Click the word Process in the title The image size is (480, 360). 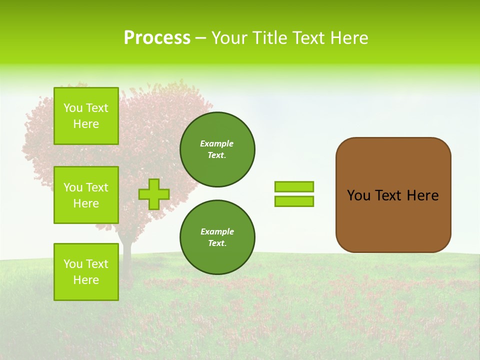[157, 38]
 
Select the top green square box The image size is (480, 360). [86, 116]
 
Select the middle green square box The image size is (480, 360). [86, 195]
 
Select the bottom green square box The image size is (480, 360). [86, 272]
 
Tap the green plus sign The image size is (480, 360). [154, 194]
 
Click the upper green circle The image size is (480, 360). [217, 149]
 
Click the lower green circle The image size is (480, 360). [217, 237]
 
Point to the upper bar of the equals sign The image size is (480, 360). [294, 186]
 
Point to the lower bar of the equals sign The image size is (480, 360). [294, 201]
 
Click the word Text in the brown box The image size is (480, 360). [388, 195]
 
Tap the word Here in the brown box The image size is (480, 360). [422, 195]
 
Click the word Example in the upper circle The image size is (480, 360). [216, 143]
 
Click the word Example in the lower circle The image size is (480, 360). [217, 231]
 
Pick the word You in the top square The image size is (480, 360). [72, 108]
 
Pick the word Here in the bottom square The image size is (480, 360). [86, 280]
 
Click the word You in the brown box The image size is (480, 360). [358, 195]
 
